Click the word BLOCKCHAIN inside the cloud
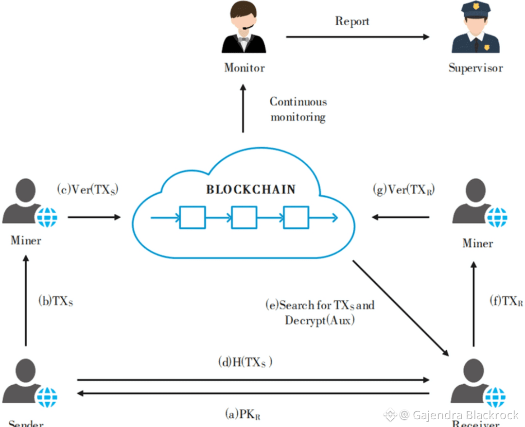click(x=251, y=189)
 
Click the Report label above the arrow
click(x=352, y=21)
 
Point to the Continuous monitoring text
click(x=298, y=109)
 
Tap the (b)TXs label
click(x=56, y=301)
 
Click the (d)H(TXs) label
click(x=245, y=362)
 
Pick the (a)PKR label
click(x=244, y=414)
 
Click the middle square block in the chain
click(x=244, y=217)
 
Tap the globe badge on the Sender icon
click(x=47, y=397)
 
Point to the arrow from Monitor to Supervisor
click(x=357, y=37)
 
